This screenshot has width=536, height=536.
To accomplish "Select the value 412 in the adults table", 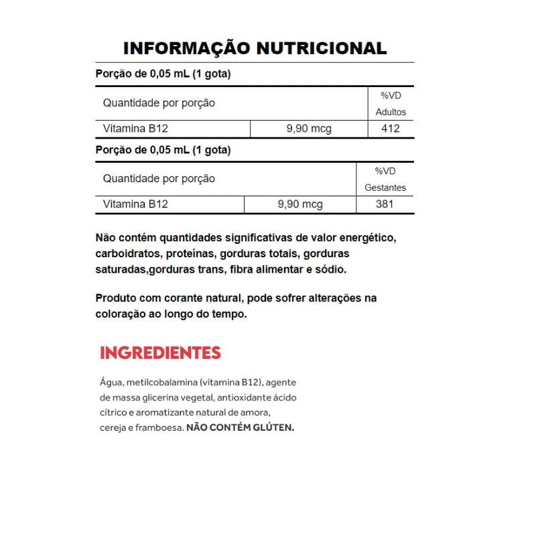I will point(390,129).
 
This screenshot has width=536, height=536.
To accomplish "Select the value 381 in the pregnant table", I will point(385,204).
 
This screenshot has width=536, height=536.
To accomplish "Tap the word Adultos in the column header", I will point(391,112).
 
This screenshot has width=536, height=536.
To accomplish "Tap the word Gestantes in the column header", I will point(385,188).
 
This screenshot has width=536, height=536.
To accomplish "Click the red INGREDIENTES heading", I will point(160,352).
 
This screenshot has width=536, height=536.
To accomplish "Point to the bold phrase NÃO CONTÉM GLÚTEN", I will point(240,427).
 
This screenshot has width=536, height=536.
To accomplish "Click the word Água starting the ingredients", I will point(110,383).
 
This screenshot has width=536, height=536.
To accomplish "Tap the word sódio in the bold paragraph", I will point(332,269).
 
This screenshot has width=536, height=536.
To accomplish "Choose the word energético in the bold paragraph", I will point(367,239).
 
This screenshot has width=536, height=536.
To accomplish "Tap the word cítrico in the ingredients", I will point(112,412).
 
